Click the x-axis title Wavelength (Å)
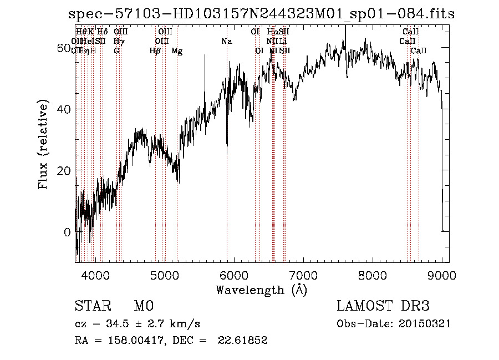(x=261, y=290)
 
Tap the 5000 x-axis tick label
(x=165, y=275)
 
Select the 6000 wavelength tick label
(x=234, y=275)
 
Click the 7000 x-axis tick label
(x=303, y=275)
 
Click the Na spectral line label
(x=226, y=42)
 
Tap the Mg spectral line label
(x=177, y=51)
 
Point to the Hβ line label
(x=155, y=51)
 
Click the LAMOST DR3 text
(x=383, y=307)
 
